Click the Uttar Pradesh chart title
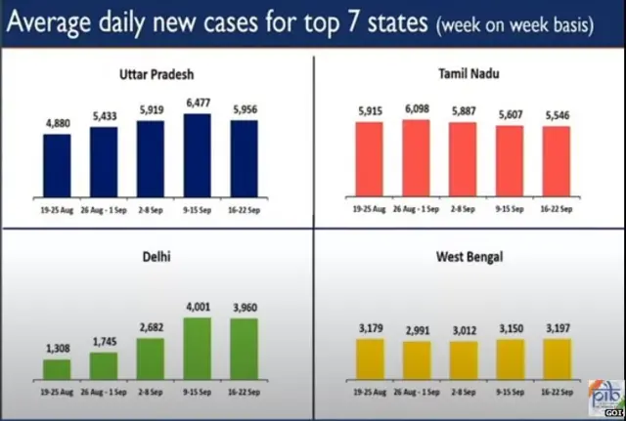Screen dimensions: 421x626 [156, 73]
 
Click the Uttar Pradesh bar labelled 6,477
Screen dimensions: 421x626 [197, 154]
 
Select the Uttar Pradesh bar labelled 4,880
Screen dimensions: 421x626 [57, 164]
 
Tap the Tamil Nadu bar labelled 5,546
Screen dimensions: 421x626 [555, 160]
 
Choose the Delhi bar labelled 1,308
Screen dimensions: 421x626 [57, 368]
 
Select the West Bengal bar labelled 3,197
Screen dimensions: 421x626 [555, 358]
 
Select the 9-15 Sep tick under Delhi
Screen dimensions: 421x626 [197, 389]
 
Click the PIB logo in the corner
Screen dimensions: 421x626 [604, 399]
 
